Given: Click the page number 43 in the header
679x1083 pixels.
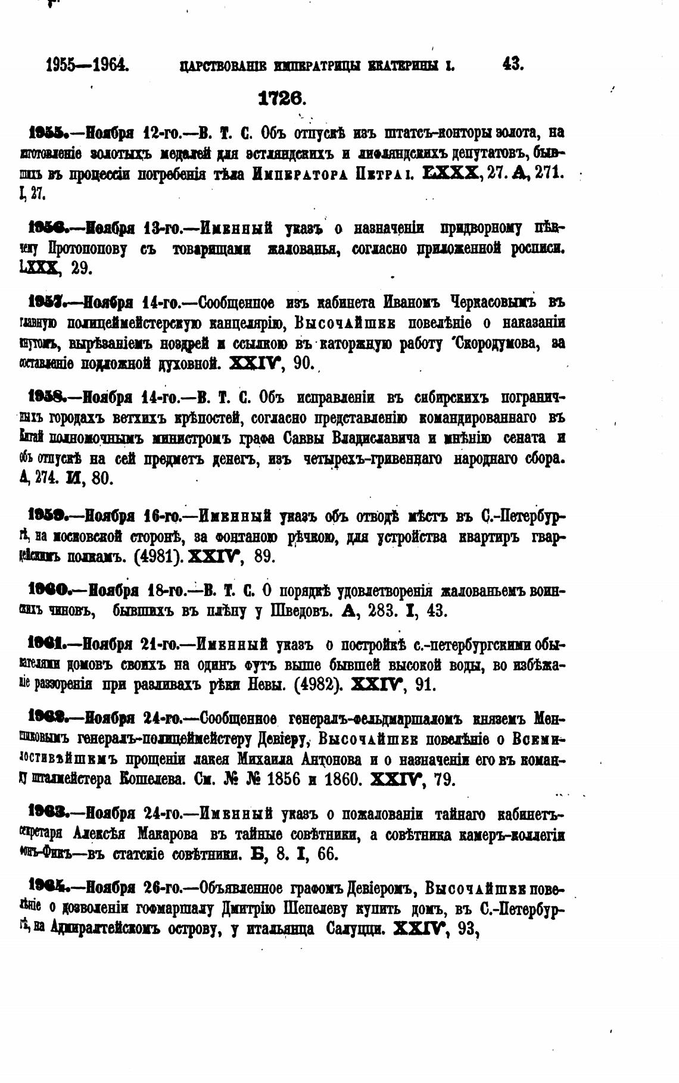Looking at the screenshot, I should [x=512, y=64].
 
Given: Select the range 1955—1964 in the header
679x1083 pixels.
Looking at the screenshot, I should [x=88, y=64].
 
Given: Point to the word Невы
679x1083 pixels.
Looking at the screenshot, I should [x=268, y=685].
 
